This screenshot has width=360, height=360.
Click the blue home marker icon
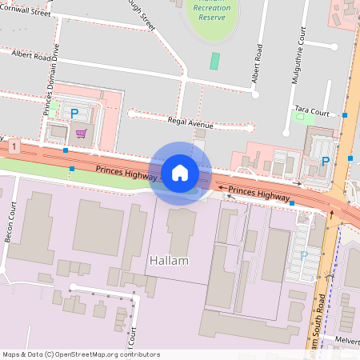point(180,173)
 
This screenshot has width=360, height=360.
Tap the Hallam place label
point(169,261)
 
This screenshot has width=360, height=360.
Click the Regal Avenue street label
point(190,124)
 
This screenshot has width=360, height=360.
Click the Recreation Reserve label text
point(211,12)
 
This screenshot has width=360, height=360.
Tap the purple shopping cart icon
point(81,134)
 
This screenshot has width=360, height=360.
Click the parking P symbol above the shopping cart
point(74,114)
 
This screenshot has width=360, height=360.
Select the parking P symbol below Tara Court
point(326,161)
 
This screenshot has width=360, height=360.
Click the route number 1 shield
point(15,146)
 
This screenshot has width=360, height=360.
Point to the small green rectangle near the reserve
point(214,60)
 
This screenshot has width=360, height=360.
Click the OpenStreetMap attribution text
point(81,354)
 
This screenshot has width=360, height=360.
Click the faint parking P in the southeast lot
point(303,255)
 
